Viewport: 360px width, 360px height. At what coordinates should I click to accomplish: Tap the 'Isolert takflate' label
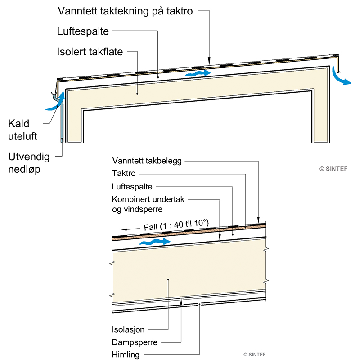click(90, 52)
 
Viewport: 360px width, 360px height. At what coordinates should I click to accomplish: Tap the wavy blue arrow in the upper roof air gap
click(198, 72)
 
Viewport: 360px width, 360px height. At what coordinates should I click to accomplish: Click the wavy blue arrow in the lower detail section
click(156, 242)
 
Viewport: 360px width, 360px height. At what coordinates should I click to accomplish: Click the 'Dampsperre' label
click(134, 342)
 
